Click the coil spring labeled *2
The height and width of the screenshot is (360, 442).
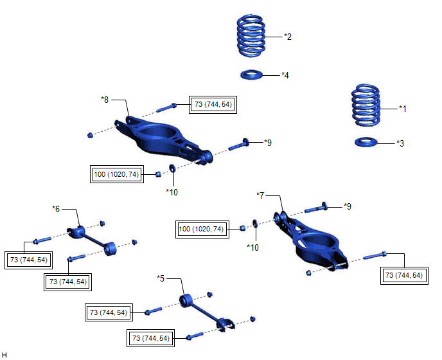point(252,37)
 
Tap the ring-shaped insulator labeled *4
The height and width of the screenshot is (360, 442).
point(253,75)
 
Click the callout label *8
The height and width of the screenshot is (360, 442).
point(106,99)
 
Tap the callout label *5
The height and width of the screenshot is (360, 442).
point(161,278)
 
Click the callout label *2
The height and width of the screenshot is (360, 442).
point(288,37)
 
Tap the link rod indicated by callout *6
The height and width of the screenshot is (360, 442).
point(93,237)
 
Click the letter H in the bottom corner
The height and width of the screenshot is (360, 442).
point(5,354)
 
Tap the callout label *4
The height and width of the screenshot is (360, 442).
point(285,75)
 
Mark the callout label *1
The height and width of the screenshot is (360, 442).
point(403,109)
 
